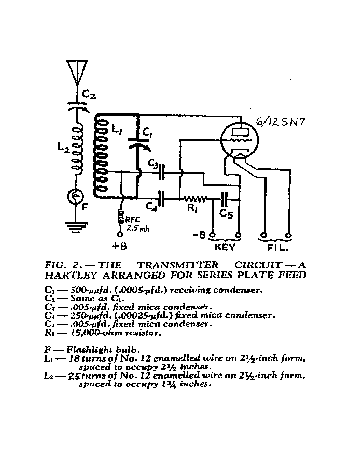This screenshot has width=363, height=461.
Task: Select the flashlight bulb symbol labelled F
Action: (77, 196)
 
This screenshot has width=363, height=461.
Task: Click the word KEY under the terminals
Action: (226, 248)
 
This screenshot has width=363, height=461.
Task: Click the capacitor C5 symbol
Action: (225, 198)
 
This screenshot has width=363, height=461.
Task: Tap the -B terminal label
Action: (199, 236)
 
